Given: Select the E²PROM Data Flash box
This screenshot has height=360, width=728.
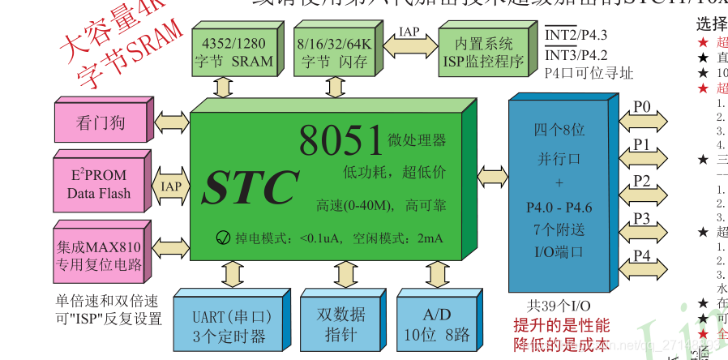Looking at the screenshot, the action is coord(98,184).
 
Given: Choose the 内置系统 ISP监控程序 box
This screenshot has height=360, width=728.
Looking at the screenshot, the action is coord(484,51).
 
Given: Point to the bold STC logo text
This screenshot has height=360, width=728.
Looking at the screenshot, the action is coord(251,189).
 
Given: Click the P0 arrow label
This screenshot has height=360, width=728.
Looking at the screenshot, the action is coord(642,107).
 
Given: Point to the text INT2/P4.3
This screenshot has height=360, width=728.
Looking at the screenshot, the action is coord(576,35).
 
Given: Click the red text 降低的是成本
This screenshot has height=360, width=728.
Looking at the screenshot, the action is coord(561,345).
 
